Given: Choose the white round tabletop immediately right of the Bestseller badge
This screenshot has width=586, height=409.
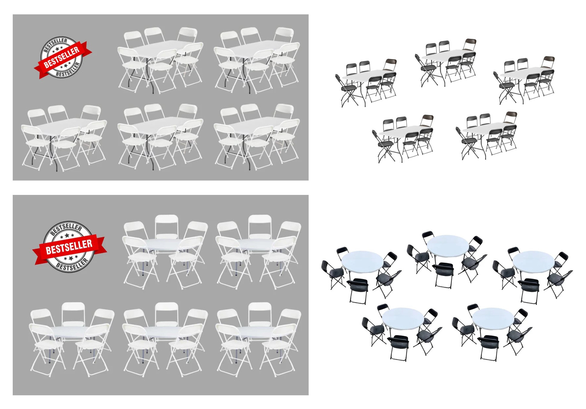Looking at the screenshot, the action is pyautogui.click(x=165, y=244).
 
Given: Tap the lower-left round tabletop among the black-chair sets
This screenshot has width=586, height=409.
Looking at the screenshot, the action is pyautogui.click(x=403, y=318).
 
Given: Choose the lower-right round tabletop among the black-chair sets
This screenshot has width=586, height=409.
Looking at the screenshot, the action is pyautogui.click(x=493, y=318).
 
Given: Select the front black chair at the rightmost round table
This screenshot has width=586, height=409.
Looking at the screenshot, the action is pyautogui.click(x=529, y=290).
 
